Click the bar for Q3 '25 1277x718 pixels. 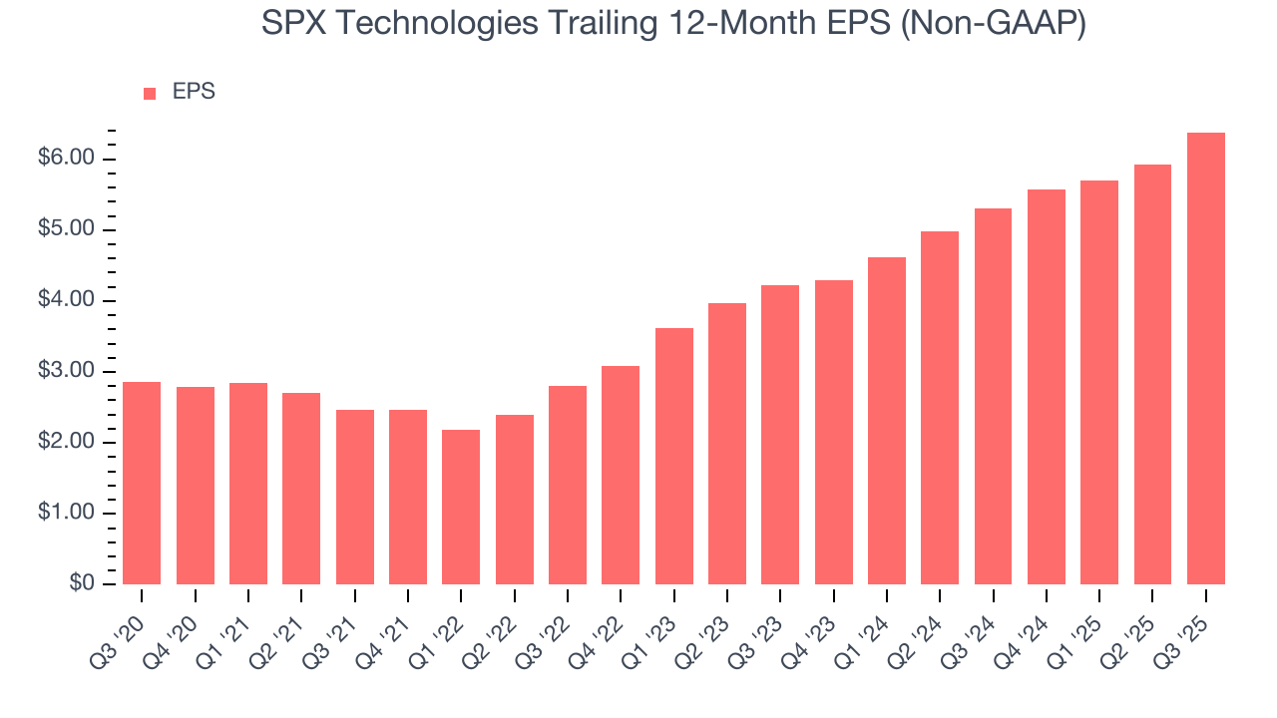tap(1206, 359)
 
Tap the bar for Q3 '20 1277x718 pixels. tap(142, 484)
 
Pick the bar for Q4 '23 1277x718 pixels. tap(833, 433)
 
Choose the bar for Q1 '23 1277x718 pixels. tap(673, 457)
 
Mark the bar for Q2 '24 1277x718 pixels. tap(940, 408)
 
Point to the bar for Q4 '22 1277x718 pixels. tap(621, 476)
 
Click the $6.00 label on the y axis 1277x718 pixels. tap(68, 160)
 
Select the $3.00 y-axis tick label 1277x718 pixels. tap(68, 372)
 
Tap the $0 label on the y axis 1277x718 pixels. tap(81, 584)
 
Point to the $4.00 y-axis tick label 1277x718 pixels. tap(68, 301)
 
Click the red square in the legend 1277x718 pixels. tap(150, 94)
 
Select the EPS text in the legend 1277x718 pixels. tap(194, 93)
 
